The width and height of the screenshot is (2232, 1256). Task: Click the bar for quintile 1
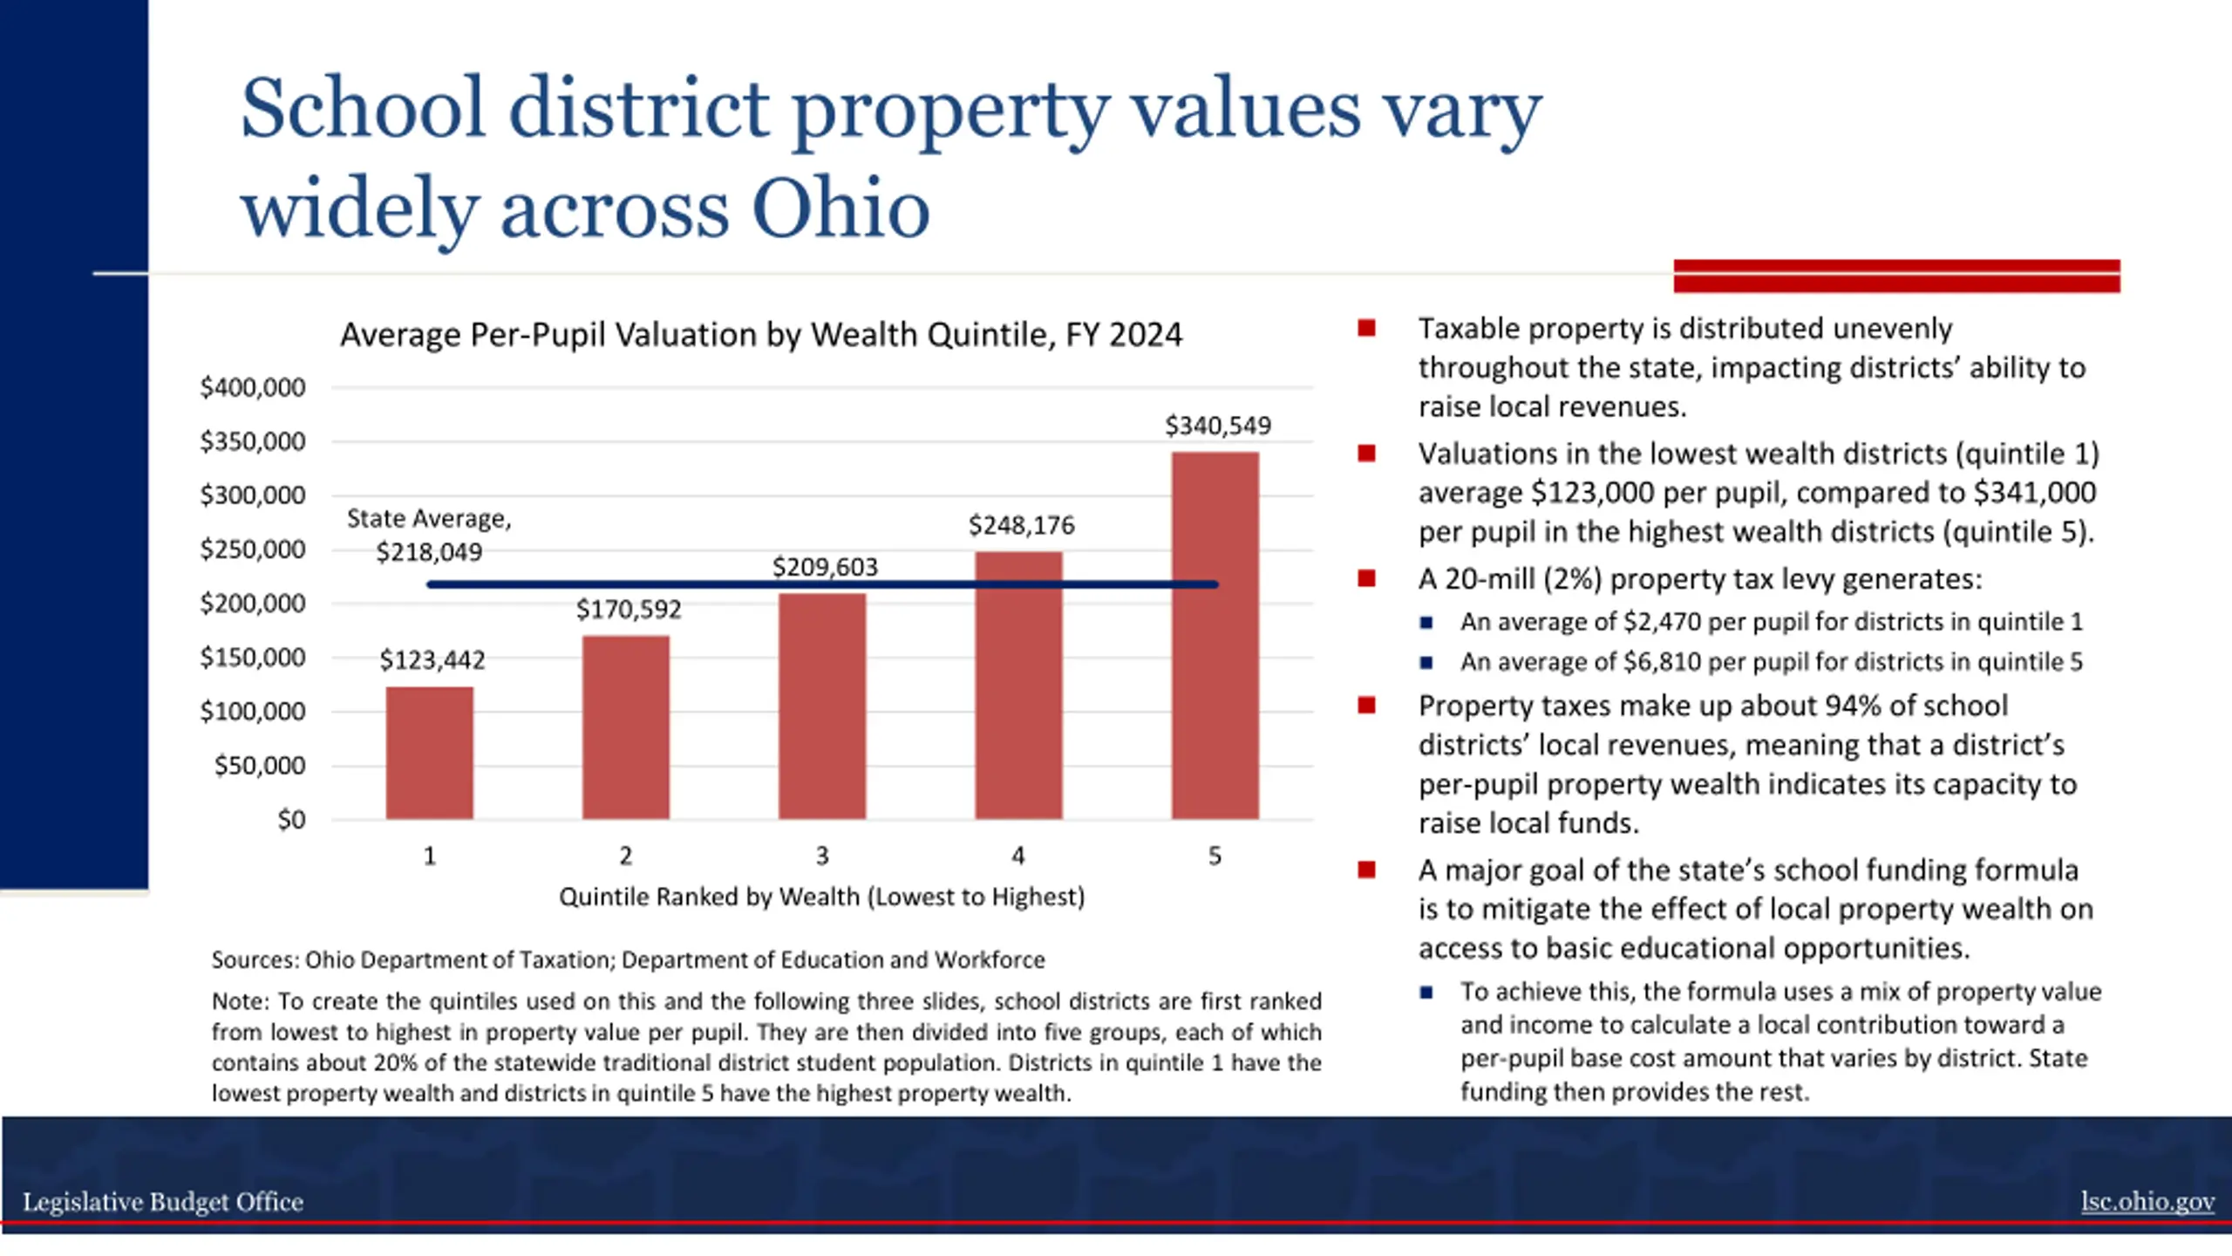(430, 753)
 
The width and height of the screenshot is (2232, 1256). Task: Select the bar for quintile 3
(822, 706)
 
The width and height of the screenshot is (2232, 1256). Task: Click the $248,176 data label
(1021, 525)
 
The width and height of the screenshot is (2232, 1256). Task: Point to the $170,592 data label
(628, 609)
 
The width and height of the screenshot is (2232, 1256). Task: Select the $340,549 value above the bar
(1218, 426)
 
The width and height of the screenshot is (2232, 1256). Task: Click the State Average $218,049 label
(429, 536)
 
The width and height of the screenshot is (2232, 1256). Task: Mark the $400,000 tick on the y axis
(253, 387)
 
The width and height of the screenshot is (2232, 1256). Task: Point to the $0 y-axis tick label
(291, 820)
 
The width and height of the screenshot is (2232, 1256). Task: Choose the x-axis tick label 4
(1018, 856)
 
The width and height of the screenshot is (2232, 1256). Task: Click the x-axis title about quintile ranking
(821, 897)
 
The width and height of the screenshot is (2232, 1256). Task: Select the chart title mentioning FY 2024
(760, 335)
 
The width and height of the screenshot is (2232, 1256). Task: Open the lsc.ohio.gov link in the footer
(2147, 1201)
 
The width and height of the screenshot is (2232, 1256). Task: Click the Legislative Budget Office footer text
(163, 1202)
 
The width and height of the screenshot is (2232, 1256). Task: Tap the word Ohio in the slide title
(840, 209)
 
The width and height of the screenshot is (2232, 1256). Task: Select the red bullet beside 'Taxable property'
(1366, 329)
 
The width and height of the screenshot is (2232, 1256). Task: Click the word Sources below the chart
(254, 960)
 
